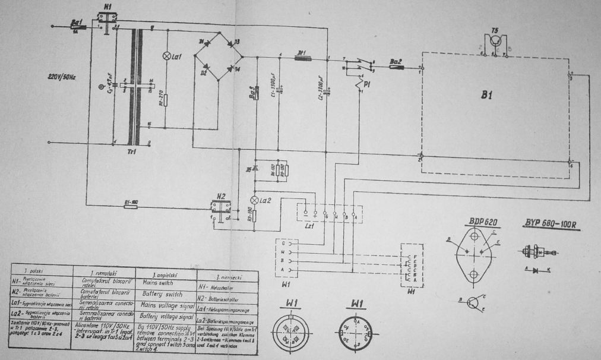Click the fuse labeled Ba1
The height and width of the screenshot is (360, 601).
click(78, 27)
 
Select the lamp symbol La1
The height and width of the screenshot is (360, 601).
click(166, 56)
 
